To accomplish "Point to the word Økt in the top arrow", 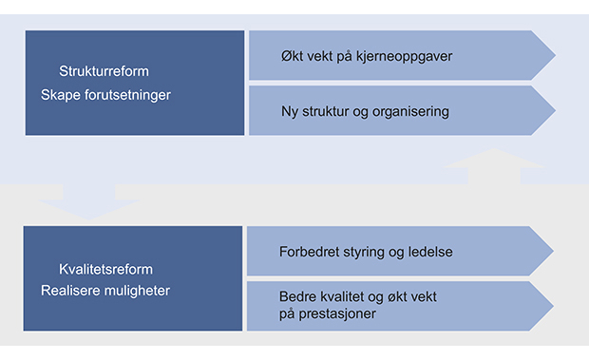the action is click(x=294, y=56).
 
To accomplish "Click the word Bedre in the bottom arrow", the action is click(x=298, y=297).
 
